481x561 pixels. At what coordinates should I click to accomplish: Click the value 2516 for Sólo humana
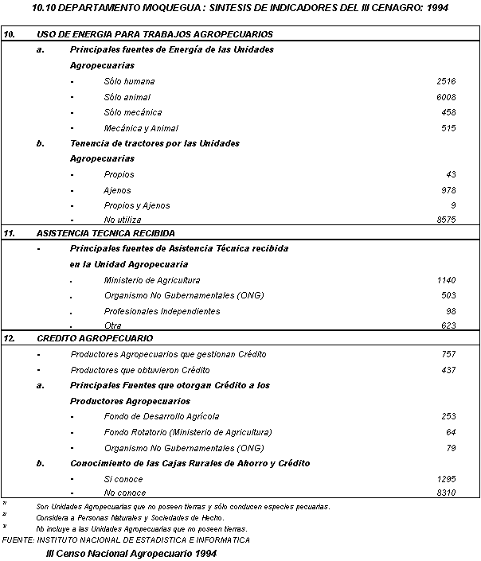click(446, 82)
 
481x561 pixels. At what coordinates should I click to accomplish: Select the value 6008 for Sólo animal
click(446, 97)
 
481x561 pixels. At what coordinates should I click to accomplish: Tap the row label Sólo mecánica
click(132, 113)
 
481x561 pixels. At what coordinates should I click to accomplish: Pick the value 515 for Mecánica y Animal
click(448, 128)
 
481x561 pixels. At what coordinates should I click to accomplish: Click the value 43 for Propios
click(452, 175)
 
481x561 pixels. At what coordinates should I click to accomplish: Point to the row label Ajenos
click(117, 191)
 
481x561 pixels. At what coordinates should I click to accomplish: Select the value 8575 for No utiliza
click(446, 220)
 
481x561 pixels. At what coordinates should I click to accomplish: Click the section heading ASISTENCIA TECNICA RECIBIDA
click(106, 234)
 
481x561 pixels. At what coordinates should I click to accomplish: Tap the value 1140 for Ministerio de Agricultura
click(446, 281)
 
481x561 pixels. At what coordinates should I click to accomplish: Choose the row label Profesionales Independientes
click(162, 311)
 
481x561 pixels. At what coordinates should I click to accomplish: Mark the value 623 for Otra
click(448, 326)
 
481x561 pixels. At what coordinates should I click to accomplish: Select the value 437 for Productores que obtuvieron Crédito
click(448, 370)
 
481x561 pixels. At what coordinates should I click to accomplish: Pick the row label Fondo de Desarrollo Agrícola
click(161, 416)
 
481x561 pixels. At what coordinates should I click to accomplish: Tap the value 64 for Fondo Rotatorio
click(452, 432)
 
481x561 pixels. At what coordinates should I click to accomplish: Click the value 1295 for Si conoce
click(446, 480)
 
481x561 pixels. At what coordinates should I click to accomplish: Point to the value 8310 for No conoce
click(446, 493)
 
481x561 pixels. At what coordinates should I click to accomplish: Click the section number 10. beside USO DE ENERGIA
click(10, 35)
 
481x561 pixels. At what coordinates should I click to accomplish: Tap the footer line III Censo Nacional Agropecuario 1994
click(131, 553)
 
